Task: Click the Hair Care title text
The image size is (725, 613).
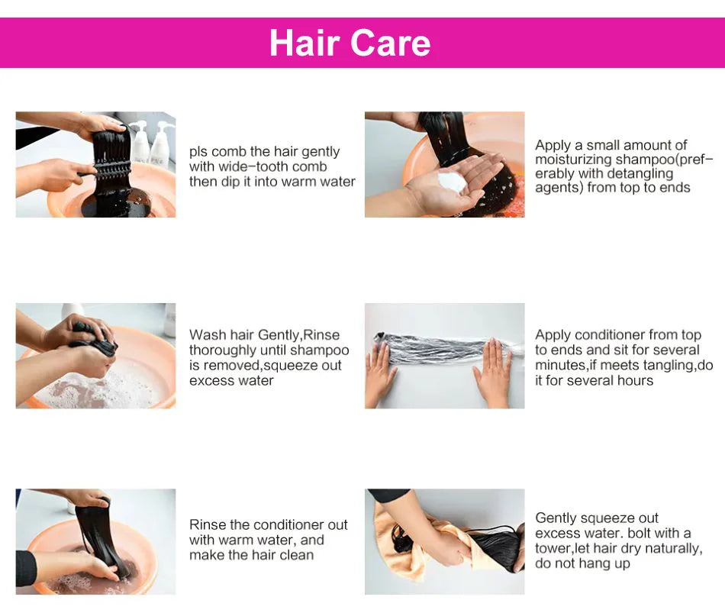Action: [350, 43]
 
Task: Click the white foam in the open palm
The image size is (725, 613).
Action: [452, 182]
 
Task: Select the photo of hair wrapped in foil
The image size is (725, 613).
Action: [444, 356]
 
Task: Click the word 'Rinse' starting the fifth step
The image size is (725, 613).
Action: [208, 525]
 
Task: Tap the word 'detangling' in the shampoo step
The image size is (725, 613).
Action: [640, 174]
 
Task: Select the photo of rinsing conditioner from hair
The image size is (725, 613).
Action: [95, 541]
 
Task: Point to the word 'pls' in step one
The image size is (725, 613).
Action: [198, 152]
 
